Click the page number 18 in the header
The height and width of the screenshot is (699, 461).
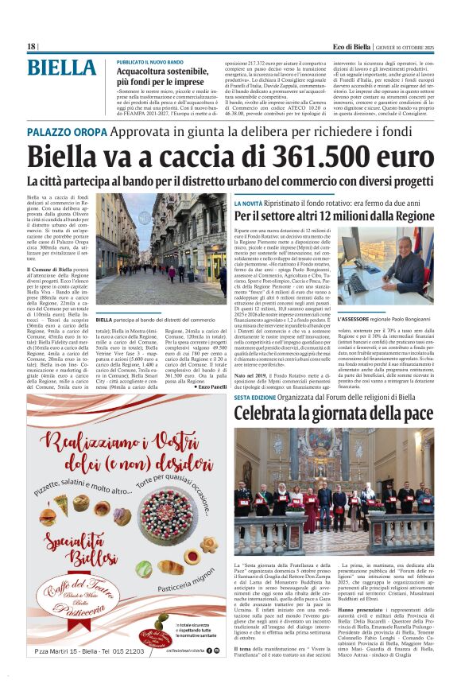(x=31, y=46)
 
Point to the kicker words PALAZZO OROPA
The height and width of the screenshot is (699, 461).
(x=66, y=130)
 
